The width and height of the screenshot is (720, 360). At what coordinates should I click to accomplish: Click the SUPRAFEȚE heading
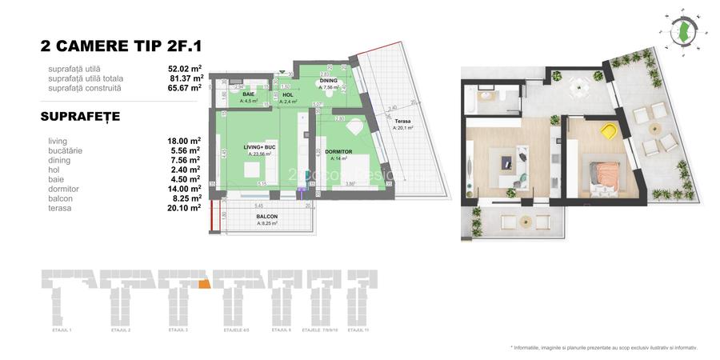tap(80, 117)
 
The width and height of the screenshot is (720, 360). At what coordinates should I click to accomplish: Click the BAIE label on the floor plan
tap(248, 94)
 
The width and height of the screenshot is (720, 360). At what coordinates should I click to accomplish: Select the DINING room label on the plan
tap(329, 82)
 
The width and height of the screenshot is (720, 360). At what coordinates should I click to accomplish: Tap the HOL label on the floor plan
tap(288, 95)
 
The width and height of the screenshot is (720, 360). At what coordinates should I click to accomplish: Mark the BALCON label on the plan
tap(267, 217)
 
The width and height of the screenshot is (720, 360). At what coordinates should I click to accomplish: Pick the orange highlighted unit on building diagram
tap(204, 282)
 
